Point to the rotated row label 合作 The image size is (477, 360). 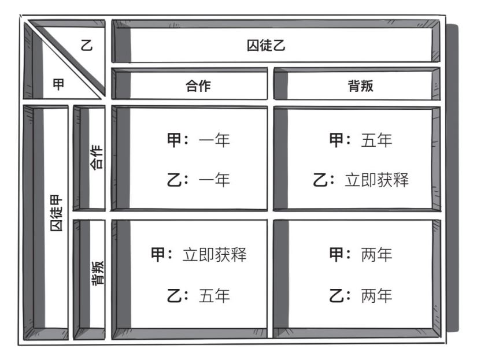(97, 157)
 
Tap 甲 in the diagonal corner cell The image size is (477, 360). (58, 84)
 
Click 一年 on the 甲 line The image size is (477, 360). (213, 141)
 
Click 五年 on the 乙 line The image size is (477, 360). (213, 296)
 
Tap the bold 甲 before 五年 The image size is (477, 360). (337, 141)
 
